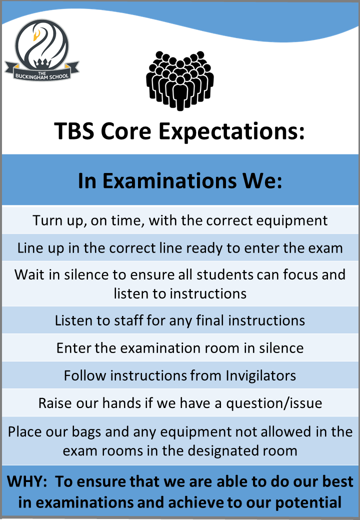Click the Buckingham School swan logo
pyautogui.click(x=42, y=50)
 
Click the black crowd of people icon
pyautogui.click(x=180, y=80)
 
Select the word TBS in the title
pyautogui.click(x=74, y=131)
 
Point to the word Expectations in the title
pyautogui.click(x=231, y=131)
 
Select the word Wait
pyautogui.click(x=29, y=274)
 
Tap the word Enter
pyautogui.click(x=73, y=348)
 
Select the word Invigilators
pyautogui.click(x=261, y=375)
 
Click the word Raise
pyautogui.click(x=54, y=403)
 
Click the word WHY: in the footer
pyautogui.click(x=27, y=481)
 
